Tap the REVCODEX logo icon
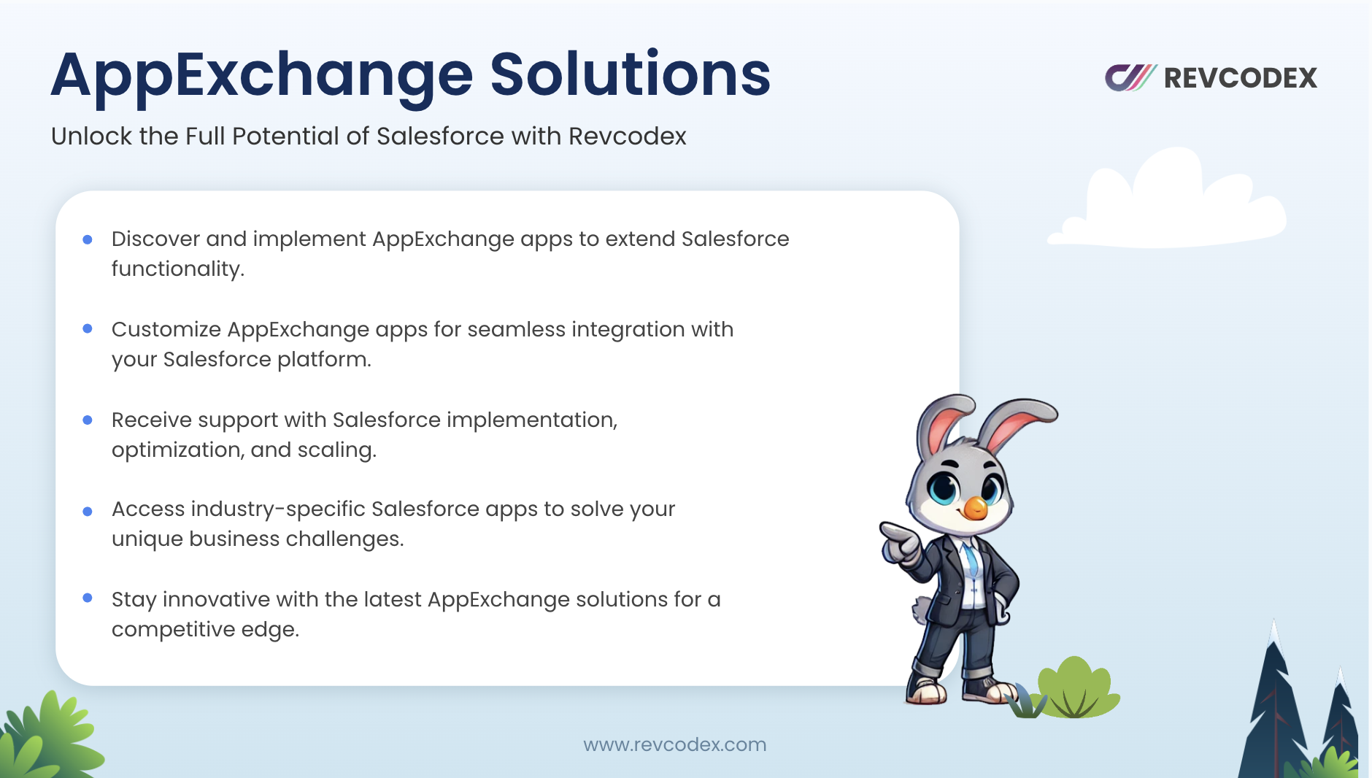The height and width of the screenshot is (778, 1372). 1130,77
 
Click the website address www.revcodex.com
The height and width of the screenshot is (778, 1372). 675,744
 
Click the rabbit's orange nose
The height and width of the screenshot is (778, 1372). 975,507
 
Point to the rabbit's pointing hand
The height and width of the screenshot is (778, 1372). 899,542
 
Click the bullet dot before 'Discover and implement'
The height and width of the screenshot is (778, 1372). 88,239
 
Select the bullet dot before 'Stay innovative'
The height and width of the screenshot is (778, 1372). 88,598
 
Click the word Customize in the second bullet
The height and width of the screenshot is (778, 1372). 166,329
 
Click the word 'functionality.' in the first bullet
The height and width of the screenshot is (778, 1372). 178,269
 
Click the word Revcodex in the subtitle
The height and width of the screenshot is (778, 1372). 628,136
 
